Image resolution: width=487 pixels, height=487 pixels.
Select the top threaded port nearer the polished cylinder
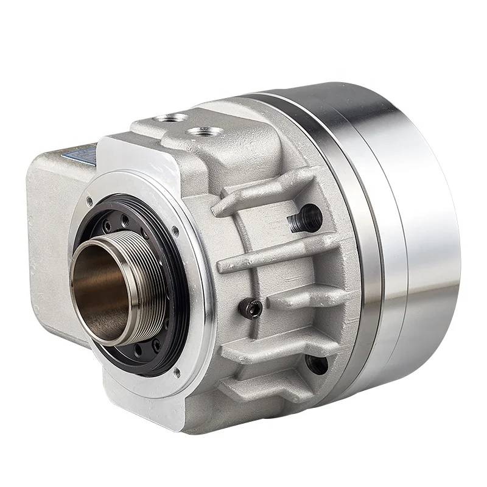click(200, 131)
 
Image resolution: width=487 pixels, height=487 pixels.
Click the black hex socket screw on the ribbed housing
click(252, 309)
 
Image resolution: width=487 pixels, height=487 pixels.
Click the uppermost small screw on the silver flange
click(89, 200)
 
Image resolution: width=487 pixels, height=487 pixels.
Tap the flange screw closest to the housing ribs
click(177, 230)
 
